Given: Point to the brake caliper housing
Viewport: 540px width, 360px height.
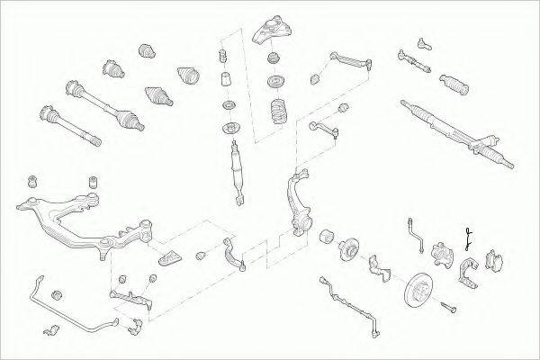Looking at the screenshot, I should pyautogui.click(x=442, y=256).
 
